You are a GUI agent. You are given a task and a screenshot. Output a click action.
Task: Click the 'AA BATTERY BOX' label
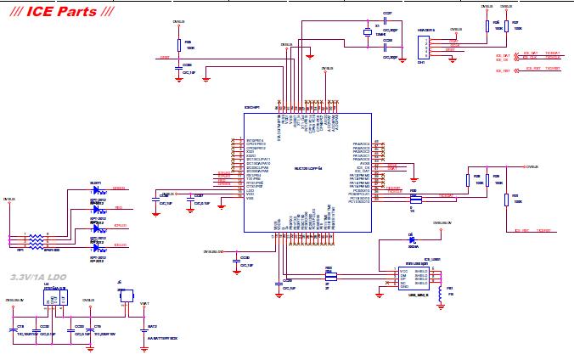[162, 338]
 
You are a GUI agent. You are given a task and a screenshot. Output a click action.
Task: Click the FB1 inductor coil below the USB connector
[440, 294]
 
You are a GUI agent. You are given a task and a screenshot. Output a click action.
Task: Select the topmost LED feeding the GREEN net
[96, 193]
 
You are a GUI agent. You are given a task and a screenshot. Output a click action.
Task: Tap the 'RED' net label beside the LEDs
[119, 207]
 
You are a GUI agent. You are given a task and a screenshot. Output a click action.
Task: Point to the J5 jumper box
[121, 294]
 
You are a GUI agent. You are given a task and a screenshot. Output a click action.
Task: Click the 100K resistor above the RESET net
[179, 45]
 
